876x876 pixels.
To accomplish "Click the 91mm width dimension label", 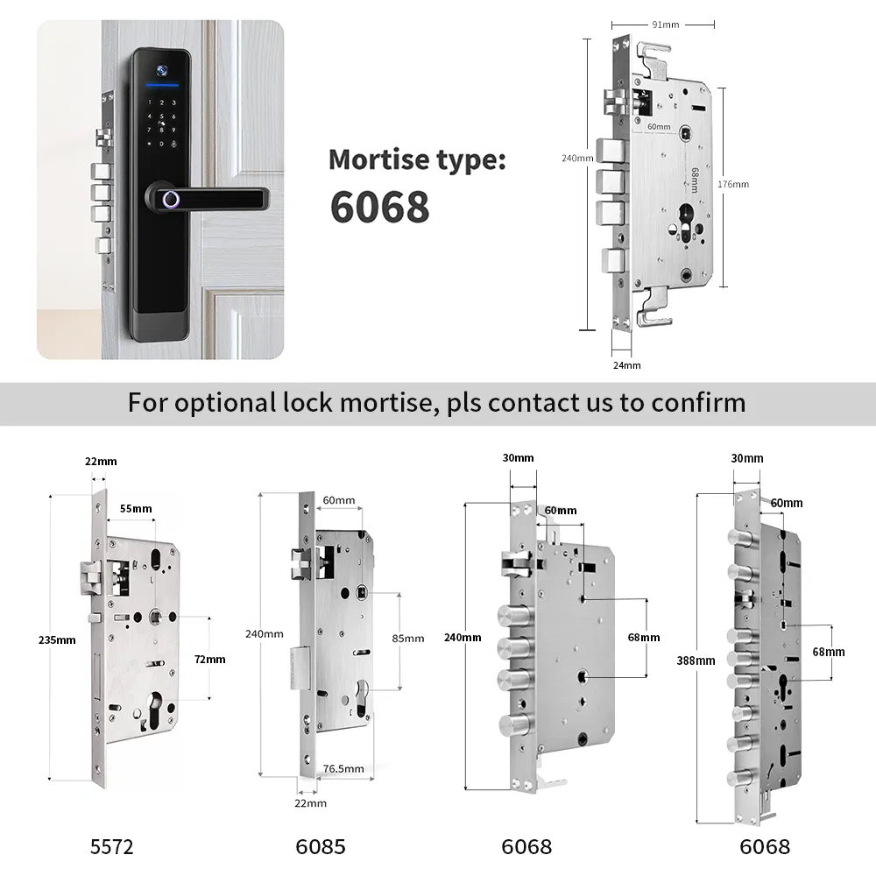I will click(x=663, y=24).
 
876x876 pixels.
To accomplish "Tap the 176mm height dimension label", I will click(x=733, y=184).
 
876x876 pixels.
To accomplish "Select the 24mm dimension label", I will click(x=627, y=365).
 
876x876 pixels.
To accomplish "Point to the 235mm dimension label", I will click(x=59, y=639).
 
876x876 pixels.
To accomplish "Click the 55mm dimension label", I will click(x=136, y=509).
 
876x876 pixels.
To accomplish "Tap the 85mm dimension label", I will click(x=407, y=638).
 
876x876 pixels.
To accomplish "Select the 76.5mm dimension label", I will click(x=343, y=768).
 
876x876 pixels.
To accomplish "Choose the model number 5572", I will click(x=112, y=847).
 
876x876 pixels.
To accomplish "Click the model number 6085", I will click(x=320, y=847).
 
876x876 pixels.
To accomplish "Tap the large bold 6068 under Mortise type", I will click(x=379, y=207).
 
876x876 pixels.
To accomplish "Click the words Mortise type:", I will click(x=416, y=159).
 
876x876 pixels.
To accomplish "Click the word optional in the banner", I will click(x=229, y=403).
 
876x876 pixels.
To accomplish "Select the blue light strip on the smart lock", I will click(x=164, y=86).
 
